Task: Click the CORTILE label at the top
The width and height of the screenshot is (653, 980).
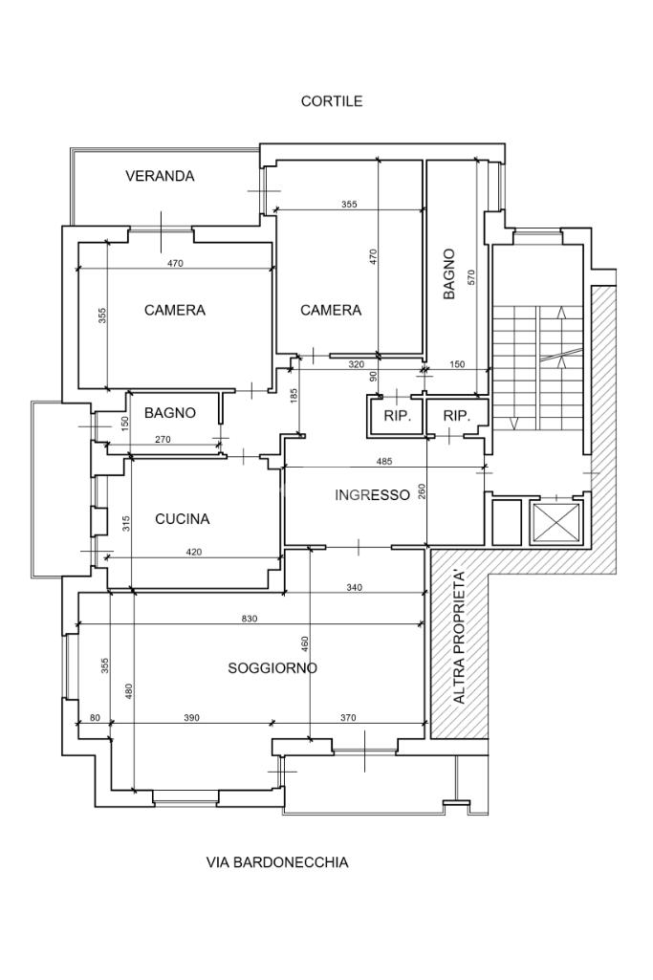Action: coord(332,101)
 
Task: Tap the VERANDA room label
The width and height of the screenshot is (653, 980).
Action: coord(160,176)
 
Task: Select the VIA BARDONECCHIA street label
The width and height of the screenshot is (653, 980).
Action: coord(277,862)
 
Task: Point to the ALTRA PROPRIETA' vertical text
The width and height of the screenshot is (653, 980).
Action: coord(460,638)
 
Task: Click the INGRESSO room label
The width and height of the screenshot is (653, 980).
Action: coord(372,494)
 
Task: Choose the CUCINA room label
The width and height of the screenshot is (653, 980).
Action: coord(182,519)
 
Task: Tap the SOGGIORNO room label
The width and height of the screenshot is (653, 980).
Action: coord(272,668)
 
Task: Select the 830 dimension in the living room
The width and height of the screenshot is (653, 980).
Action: coord(250,619)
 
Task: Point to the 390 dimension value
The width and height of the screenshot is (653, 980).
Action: coord(191,718)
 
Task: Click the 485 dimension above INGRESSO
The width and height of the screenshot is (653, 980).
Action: coord(384,462)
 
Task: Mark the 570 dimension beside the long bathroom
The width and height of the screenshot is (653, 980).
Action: coord(470,277)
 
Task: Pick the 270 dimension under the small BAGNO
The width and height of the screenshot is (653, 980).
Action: coord(163,440)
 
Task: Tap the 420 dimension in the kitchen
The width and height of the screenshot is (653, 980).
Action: coord(193,552)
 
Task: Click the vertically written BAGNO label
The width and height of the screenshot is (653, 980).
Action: coord(448,275)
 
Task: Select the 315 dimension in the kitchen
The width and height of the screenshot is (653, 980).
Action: coord(125,524)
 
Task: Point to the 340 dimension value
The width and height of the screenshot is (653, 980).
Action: coord(354,588)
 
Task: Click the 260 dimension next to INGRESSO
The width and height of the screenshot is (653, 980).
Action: coord(423,493)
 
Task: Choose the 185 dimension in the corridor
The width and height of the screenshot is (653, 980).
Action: coord(294,393)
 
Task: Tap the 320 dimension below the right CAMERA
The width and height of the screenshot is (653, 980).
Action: coord(357,364)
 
